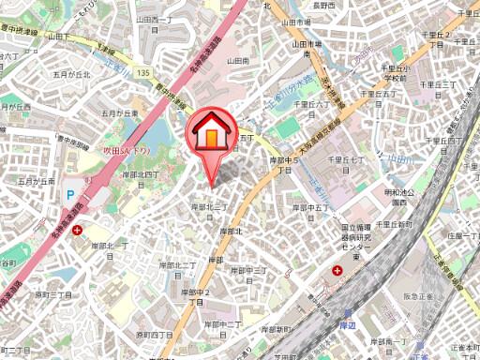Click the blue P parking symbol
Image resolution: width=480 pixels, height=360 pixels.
pyautogui.click(x=69, y=196)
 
